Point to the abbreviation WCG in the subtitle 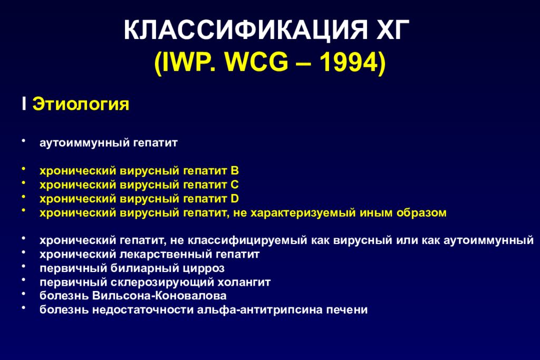click(x=257, y=62)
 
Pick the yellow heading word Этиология click(x=81, y=104)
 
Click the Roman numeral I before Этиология click(x=24, y=104)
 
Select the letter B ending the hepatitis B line click(x=235, y=171)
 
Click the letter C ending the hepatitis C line click(x=235, y=185)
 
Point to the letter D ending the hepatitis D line click(x=235, y=199)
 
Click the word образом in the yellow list click(x=421, y=213)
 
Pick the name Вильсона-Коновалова click(x=159, y=296)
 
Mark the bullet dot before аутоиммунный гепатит click(x=23, y=140)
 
